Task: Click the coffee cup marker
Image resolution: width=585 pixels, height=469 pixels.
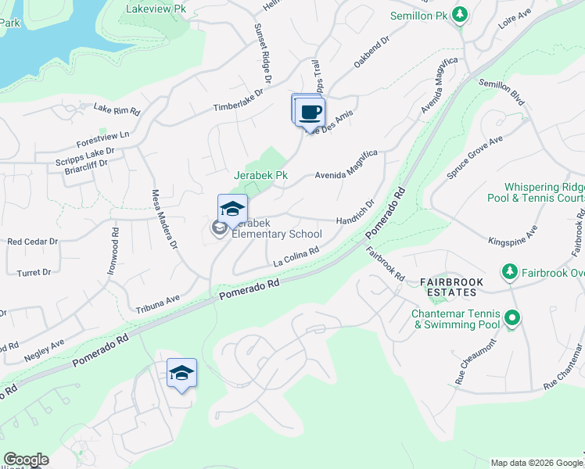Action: pos(310,112)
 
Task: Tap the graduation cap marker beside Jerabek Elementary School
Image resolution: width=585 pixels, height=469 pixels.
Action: pos(232,209)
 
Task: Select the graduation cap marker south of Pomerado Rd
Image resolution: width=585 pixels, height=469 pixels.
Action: pos(181,374)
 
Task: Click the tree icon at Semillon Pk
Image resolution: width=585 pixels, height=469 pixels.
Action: pos(461,14)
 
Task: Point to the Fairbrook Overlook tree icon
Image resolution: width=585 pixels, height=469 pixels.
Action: pos(510,271)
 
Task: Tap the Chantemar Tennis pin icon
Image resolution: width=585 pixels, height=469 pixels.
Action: pos(512,318)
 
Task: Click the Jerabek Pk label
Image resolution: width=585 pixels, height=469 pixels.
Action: pos(261,176)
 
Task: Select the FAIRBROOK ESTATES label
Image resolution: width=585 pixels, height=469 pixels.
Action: pos(459,286)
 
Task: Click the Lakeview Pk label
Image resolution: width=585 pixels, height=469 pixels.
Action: pos(157,9)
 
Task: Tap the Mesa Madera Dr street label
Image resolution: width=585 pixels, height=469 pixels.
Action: pos(164,229)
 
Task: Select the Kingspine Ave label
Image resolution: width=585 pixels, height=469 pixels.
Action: pos(513,234)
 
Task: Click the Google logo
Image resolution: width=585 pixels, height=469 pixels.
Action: pos(26,460)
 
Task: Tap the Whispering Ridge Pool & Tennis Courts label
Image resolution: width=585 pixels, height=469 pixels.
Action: pos(544,192)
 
